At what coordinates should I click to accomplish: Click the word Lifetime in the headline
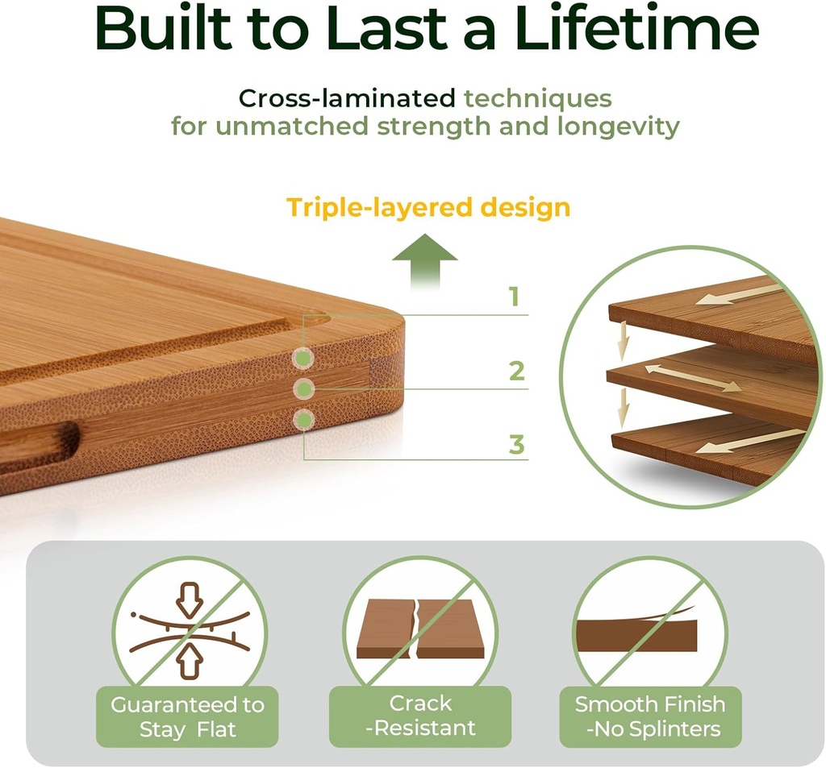pos(637,30)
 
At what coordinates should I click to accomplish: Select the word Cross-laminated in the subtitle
pos(348,99)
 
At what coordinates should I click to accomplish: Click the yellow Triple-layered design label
pos(428,208)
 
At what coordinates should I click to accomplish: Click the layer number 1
pos(515,298)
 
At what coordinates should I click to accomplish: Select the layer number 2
pos(516,372)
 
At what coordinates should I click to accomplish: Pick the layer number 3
pos(516,444)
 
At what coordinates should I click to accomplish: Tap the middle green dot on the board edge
pos(303,388)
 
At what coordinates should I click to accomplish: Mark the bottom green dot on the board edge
pos(303,419)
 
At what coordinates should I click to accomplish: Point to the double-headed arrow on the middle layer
pos(692,377)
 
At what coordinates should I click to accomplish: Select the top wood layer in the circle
pos(714,314)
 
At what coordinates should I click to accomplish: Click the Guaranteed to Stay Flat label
pos(188,717)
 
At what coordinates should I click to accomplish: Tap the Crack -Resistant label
pos(420,716)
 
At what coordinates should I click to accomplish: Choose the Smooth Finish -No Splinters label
pos(650,716)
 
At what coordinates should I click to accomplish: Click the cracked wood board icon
pos(420,629)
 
